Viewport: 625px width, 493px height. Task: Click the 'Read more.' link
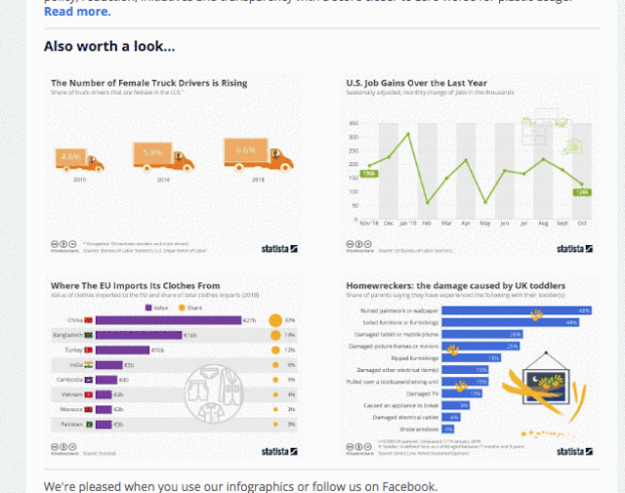[77, 12]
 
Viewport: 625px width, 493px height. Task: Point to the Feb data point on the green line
[428, 203]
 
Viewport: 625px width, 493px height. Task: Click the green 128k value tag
[581, 192]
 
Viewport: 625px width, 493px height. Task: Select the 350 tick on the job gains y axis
[353, 124]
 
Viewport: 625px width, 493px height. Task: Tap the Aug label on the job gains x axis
[543, 223]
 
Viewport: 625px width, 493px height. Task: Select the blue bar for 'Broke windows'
[448, 428]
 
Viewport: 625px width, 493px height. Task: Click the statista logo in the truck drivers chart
[280, 248]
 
